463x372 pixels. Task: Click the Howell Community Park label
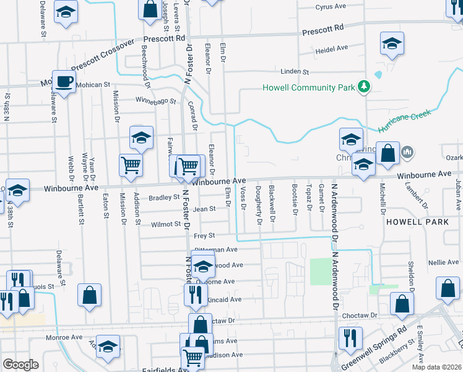pos(308,87)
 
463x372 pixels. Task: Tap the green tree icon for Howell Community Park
pos(365,87)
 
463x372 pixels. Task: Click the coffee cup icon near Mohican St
pos(64,81)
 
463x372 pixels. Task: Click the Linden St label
pos(294,72)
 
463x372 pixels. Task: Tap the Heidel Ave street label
pos(332,48)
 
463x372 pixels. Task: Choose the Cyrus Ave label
pos(331,7)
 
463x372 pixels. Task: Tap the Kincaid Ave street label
pos(225,299)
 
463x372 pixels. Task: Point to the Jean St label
pos(204,210)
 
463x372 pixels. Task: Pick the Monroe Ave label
pos(64,338)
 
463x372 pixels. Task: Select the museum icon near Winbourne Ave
pos(407,151)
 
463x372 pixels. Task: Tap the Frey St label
pos(204,236)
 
